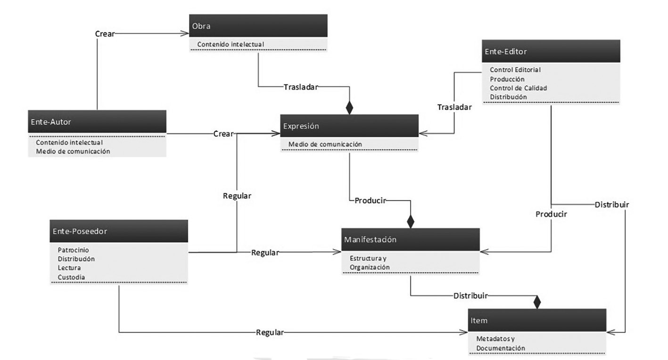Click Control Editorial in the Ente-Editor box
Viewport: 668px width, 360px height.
pos(515,70)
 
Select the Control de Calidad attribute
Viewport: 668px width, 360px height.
pos(518,88)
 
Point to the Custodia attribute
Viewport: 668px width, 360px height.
pos(71,277)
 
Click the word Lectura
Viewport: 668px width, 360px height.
pos(69,268)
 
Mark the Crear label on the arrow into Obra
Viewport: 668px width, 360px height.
pos(105,34)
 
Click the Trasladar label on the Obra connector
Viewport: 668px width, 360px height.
pos(301,87)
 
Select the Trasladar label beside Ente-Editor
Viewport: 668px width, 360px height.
pos(454,107)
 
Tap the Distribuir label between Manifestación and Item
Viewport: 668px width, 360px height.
pos(470,296)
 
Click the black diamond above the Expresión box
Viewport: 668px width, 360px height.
pos(349,107)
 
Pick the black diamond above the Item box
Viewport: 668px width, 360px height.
pos(536,302)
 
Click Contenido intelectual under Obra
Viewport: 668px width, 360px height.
pos(231,44)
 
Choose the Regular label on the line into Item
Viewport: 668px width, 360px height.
pos(270,332)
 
